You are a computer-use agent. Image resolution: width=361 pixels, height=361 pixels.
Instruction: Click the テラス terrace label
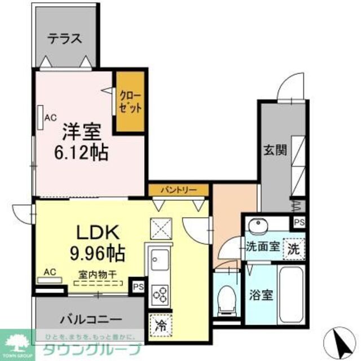click(65, 38)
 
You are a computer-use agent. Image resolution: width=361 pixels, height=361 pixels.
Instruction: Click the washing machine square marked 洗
click(294, 247)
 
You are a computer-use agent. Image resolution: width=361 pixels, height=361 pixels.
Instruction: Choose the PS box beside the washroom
click(298, 222)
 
